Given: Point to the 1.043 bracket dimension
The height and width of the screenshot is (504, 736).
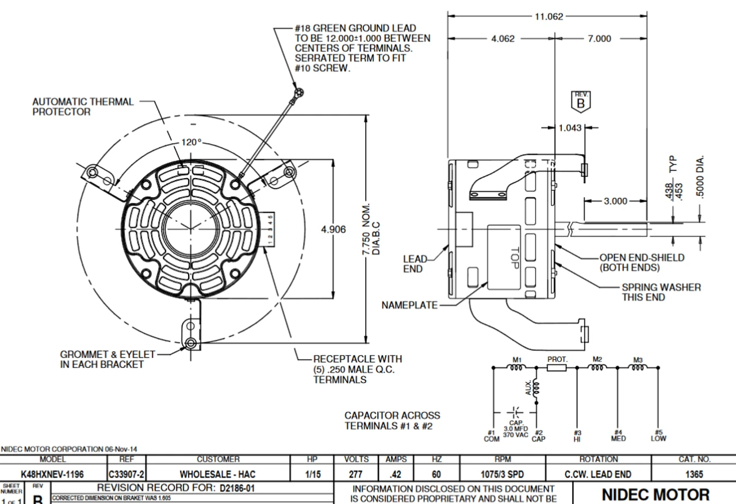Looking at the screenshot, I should (570, 128).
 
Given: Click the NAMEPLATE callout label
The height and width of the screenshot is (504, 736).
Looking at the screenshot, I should (409, 305).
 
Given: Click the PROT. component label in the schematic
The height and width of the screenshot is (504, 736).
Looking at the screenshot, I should (557, 359).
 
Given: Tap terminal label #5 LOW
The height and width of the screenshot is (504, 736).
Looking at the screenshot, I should (658, 436).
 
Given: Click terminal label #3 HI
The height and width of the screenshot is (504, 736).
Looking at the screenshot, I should (577, 436).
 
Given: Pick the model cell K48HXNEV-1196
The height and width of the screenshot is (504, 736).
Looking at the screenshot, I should (52, 475).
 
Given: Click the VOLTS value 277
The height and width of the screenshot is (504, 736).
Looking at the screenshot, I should (356, 475).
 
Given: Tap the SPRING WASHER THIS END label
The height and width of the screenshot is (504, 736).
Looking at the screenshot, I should (661, 292).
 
